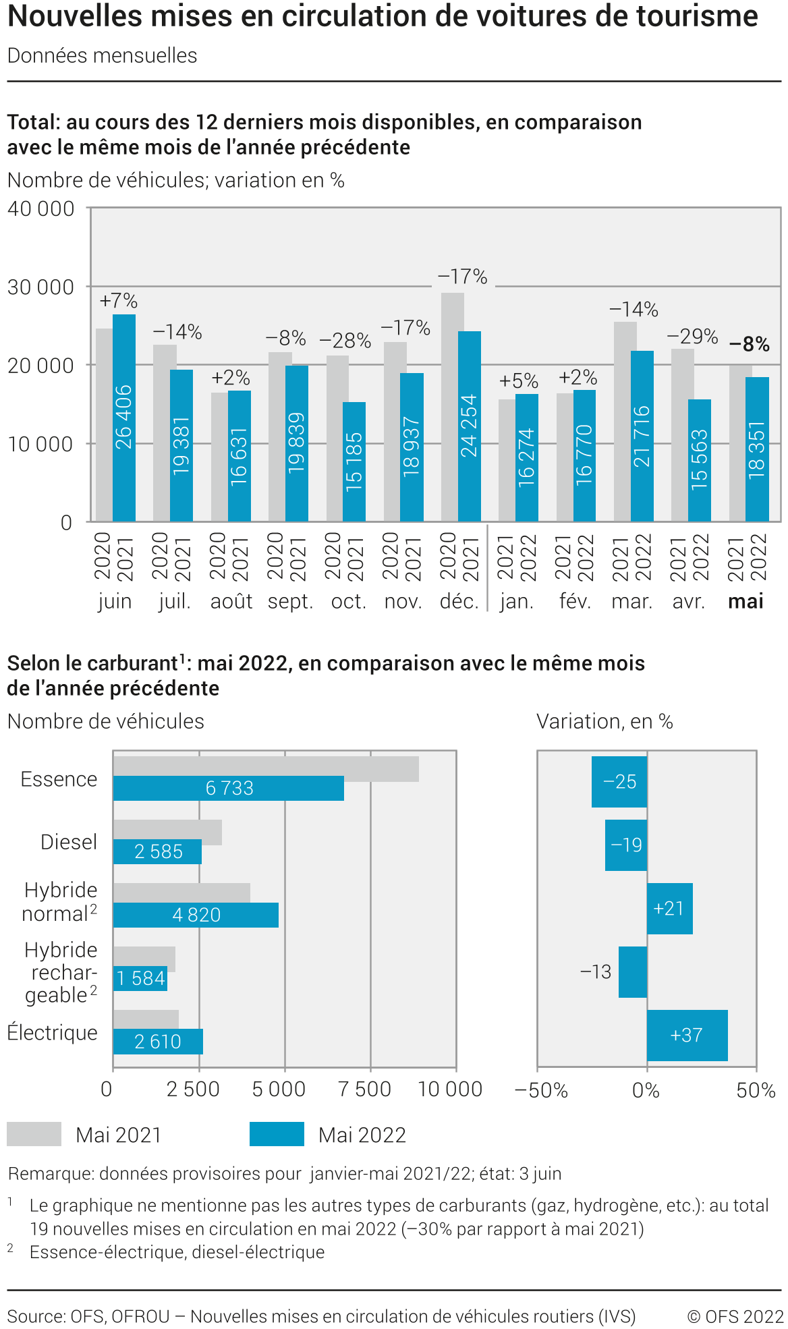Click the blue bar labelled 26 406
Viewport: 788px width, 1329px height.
124,418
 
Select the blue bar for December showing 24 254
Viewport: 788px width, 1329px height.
470,426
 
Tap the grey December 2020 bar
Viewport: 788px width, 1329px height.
452,405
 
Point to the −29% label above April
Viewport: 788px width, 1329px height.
692,336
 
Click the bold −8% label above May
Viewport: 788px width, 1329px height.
749,344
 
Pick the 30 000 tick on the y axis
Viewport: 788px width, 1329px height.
40,287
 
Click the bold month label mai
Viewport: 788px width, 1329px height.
745,601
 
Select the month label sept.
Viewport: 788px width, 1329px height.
290,601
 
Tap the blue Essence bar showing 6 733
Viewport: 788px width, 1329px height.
228,788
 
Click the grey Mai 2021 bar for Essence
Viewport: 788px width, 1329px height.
266,768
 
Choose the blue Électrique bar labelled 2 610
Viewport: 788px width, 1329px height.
158,1042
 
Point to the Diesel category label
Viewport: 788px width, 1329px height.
69,842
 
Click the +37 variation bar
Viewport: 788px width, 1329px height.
687,1035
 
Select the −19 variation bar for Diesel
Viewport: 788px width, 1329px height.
626,845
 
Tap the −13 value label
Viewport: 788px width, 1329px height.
596,971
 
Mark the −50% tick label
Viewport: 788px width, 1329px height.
541,1090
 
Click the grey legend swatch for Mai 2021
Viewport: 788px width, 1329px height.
34,1134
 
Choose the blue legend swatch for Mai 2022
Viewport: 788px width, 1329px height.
277,1134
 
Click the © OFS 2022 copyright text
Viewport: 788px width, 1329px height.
735,1316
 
